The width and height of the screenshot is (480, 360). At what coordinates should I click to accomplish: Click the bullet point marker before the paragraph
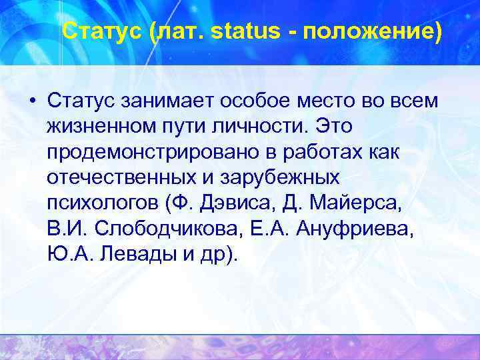point(31,100)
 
